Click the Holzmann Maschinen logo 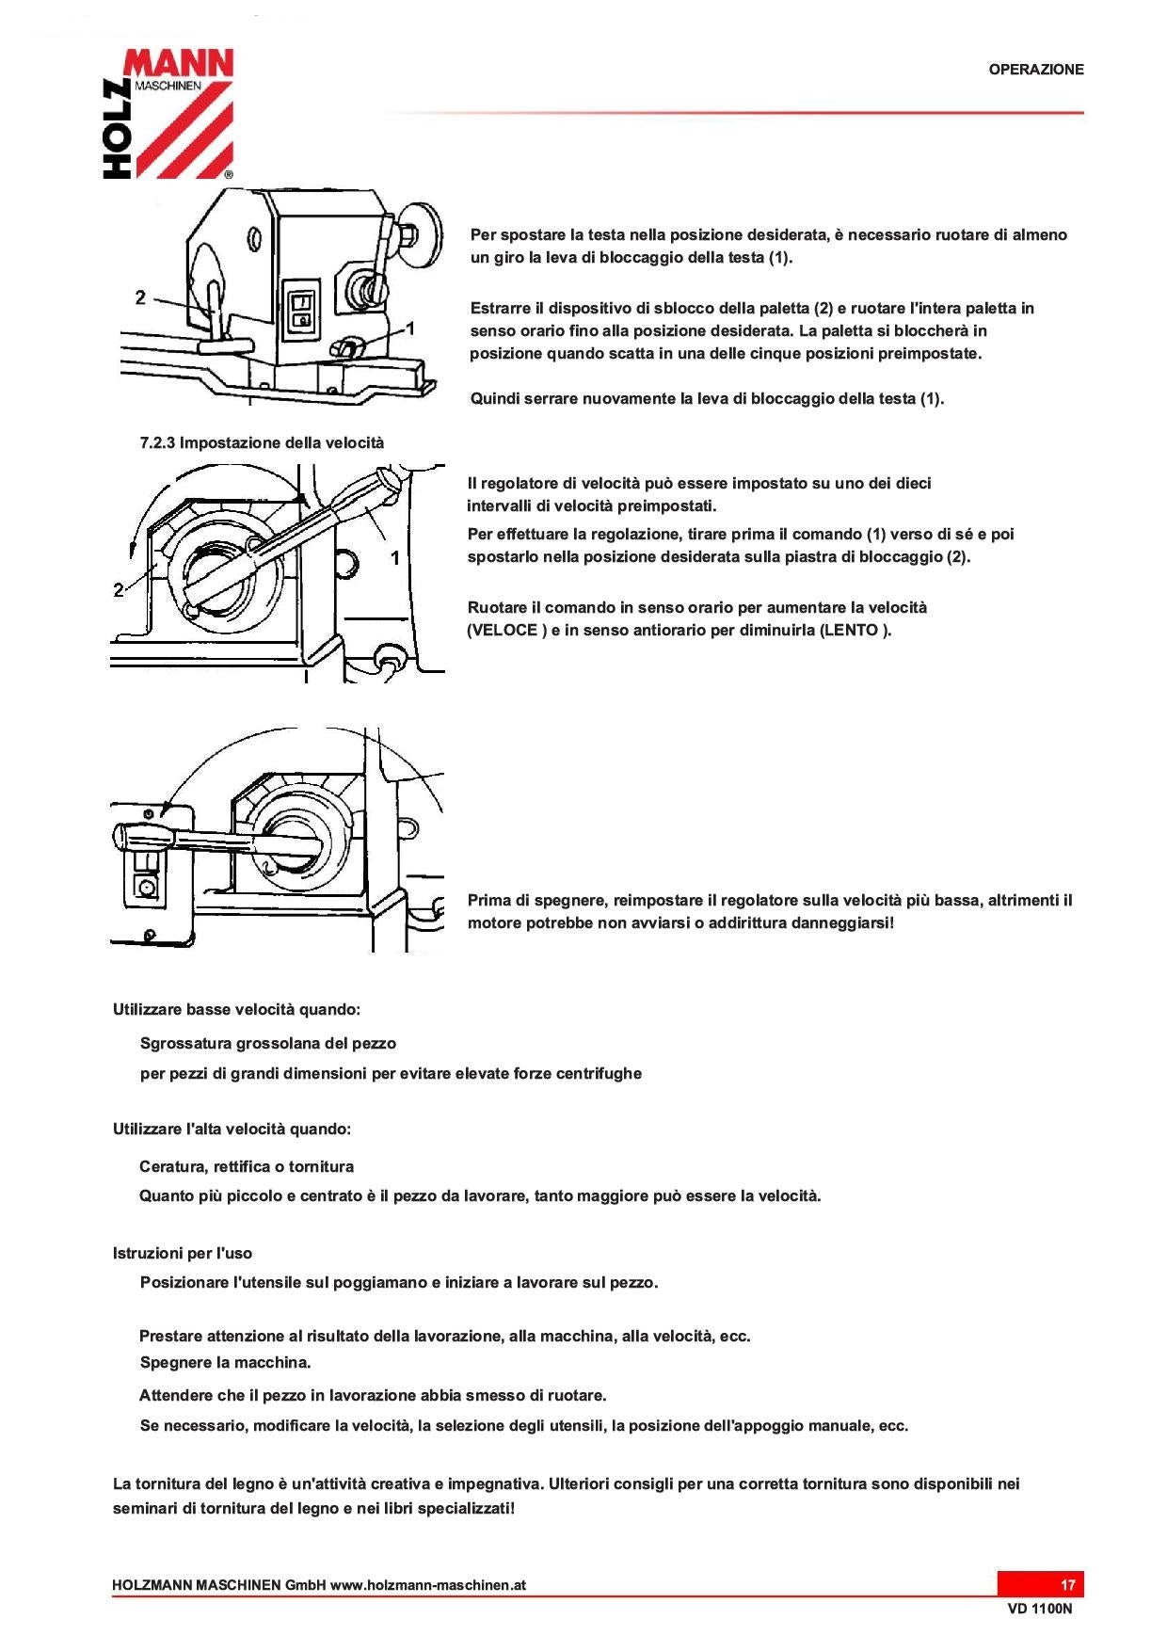click(x=168, y=113)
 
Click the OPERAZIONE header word click(x=1035, y=70)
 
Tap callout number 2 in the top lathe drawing click(x=140, y=297)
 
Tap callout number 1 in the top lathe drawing click(x=409, y=329)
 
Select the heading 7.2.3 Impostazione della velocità click(x=262, y=442)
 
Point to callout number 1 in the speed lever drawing click(x=395, y=558)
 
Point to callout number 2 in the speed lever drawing click(x=119, y=590)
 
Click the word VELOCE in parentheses click(x=504, y=631)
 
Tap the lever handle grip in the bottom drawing click(x=141, y=836)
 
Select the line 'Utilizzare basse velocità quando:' click(x=236, y=1010)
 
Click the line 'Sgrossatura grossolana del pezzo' click(x=267, y=1044)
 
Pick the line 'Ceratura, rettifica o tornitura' click(x=247, y=1167)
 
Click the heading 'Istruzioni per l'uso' click(x=182, y=1254)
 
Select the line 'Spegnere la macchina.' click(x=225, y=1363)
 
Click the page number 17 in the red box click(x=1067, y=1585)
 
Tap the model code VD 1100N click(x=1039, y=1609)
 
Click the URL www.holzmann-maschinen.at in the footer click(x=427, y=1585)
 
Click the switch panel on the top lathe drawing click(x=302, y=311)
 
